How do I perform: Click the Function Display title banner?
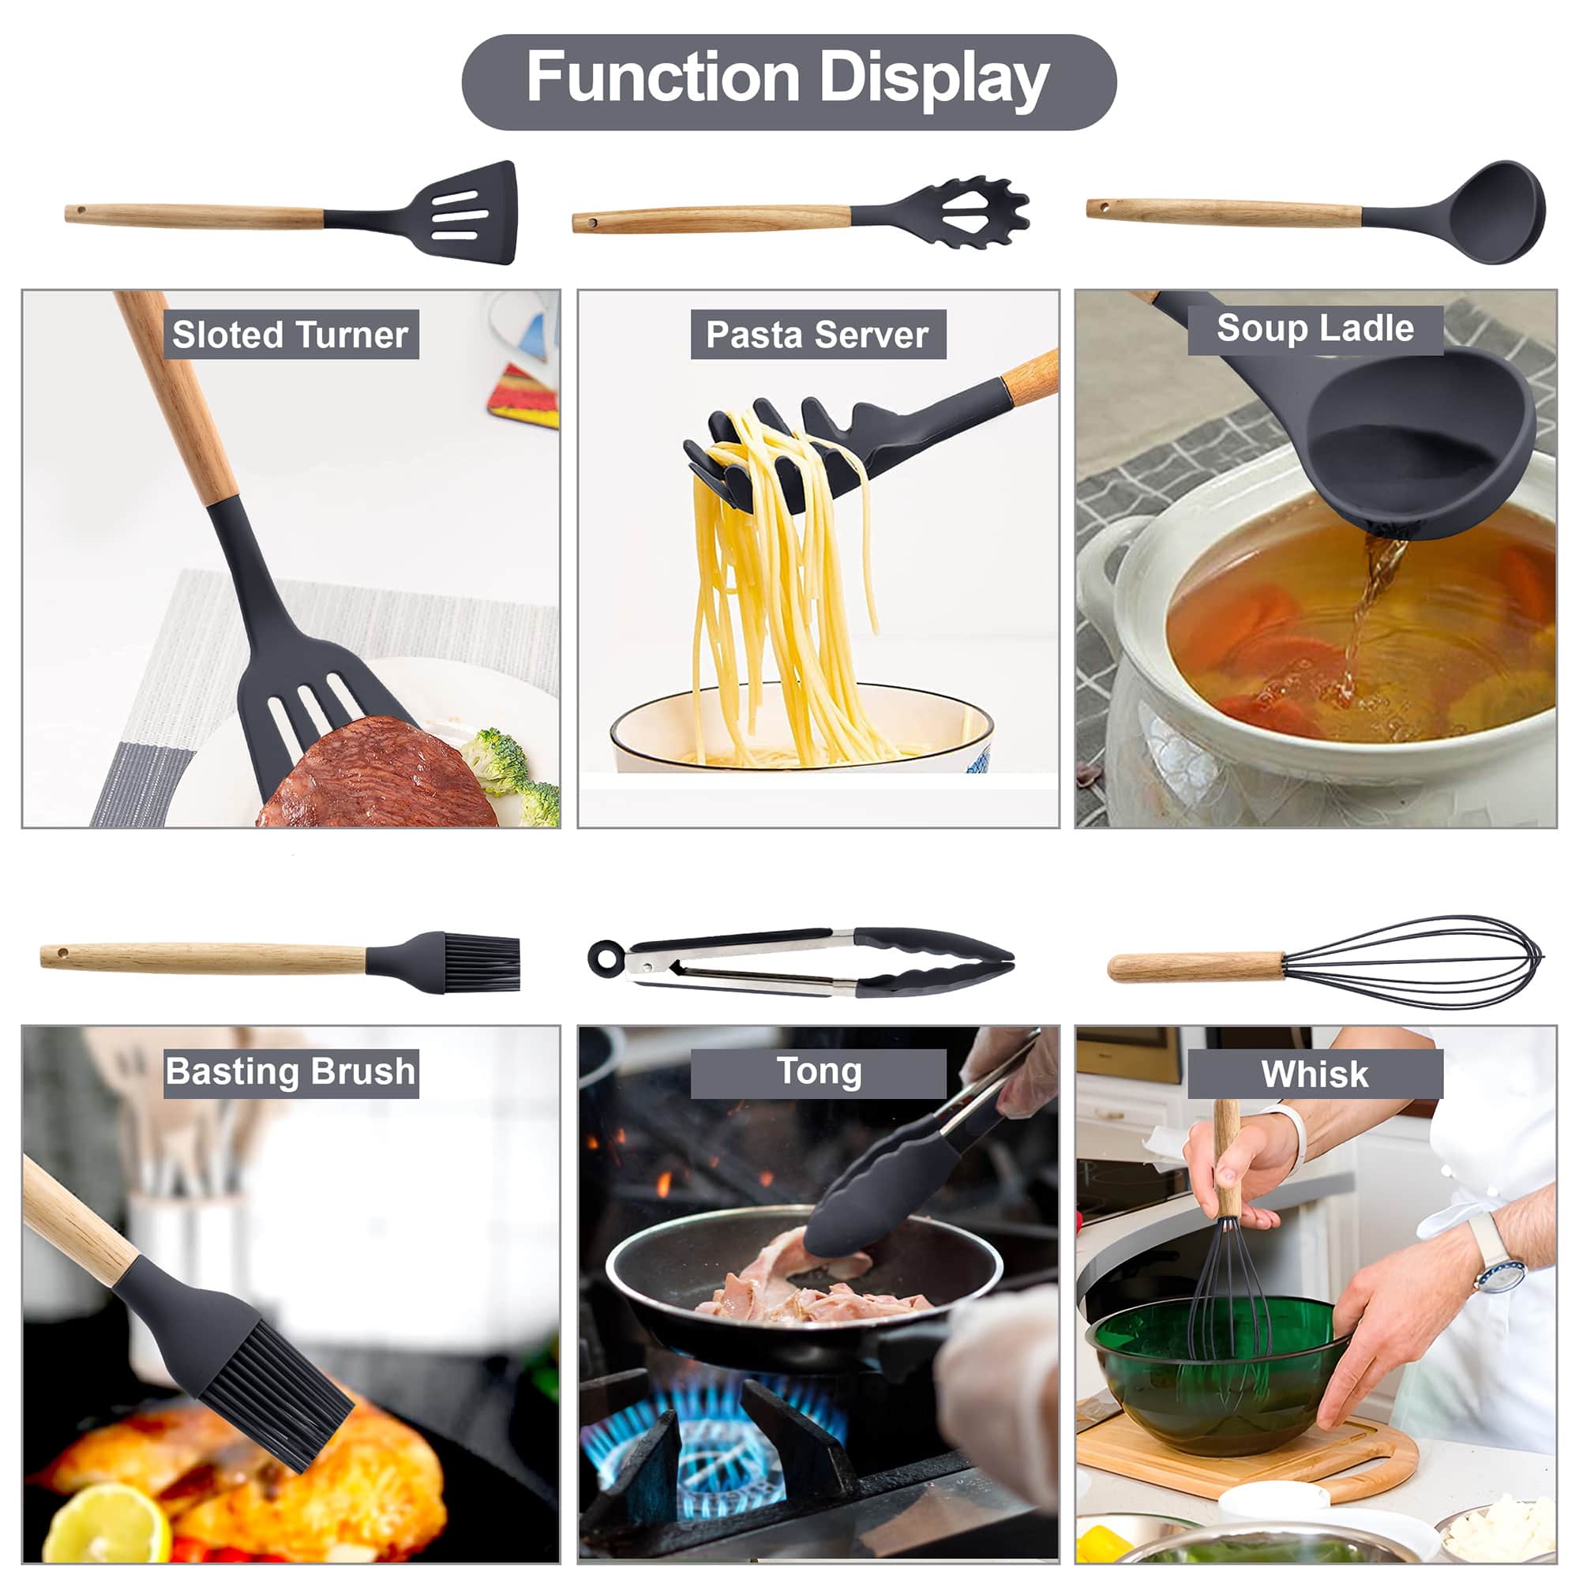[789, 82]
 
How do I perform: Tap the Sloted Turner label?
[291, 334]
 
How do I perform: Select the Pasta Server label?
[818, 334]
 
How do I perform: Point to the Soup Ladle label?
[1315, 328]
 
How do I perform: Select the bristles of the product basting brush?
[482, 962]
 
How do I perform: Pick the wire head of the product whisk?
[1414, 962]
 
